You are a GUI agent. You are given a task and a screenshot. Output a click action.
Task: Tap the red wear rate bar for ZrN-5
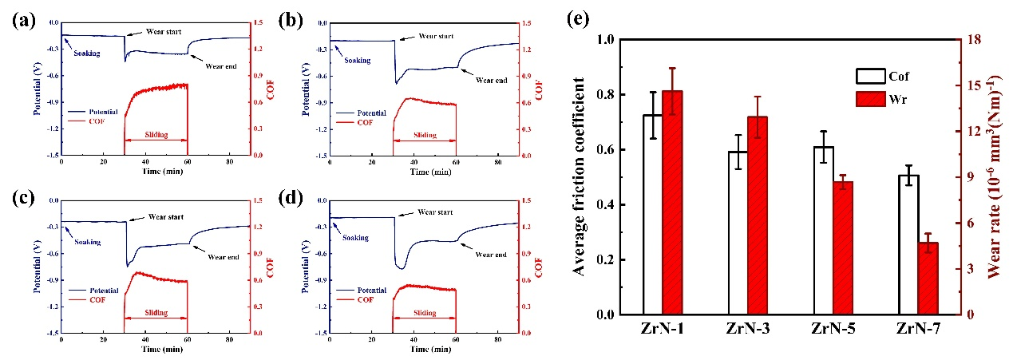tap(841, 247)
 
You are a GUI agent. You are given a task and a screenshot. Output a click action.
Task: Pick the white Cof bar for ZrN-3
tap(738, 232)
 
